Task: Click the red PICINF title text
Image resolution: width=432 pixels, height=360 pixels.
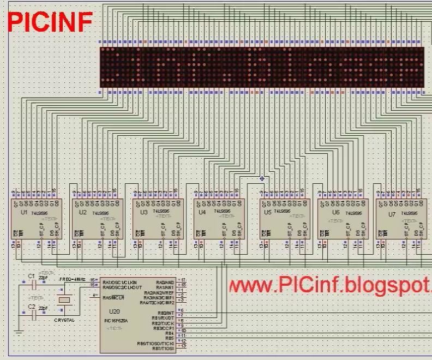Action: tap(49, 21)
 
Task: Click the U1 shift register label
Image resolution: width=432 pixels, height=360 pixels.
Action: tap(23, 212)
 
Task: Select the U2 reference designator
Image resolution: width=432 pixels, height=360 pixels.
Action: tap(83, 212)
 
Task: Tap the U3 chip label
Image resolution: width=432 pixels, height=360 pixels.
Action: tap(143, 212)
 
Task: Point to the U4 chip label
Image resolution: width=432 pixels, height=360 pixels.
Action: tap(202, 212)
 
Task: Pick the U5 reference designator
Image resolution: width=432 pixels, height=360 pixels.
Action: tap(267, 212)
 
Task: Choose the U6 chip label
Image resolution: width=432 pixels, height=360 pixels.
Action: tap(335, 212)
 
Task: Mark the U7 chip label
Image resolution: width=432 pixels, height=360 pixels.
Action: tap(392, 214)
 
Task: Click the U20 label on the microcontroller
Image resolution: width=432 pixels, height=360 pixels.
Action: tap(115, 311)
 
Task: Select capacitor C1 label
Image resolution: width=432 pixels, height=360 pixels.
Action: tap(31, 276)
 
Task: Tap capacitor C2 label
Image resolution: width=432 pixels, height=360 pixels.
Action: tap(31, 308)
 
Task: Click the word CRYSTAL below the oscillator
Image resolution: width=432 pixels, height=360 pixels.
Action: tap(64, 320)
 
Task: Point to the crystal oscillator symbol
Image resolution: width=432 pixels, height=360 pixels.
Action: tap(64, 298)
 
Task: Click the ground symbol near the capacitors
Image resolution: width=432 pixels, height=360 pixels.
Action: tap(19, 332)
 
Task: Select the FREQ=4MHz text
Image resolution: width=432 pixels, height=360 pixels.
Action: tap(73, 279)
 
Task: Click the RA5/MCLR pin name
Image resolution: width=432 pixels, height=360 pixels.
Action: tap(115, 297)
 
